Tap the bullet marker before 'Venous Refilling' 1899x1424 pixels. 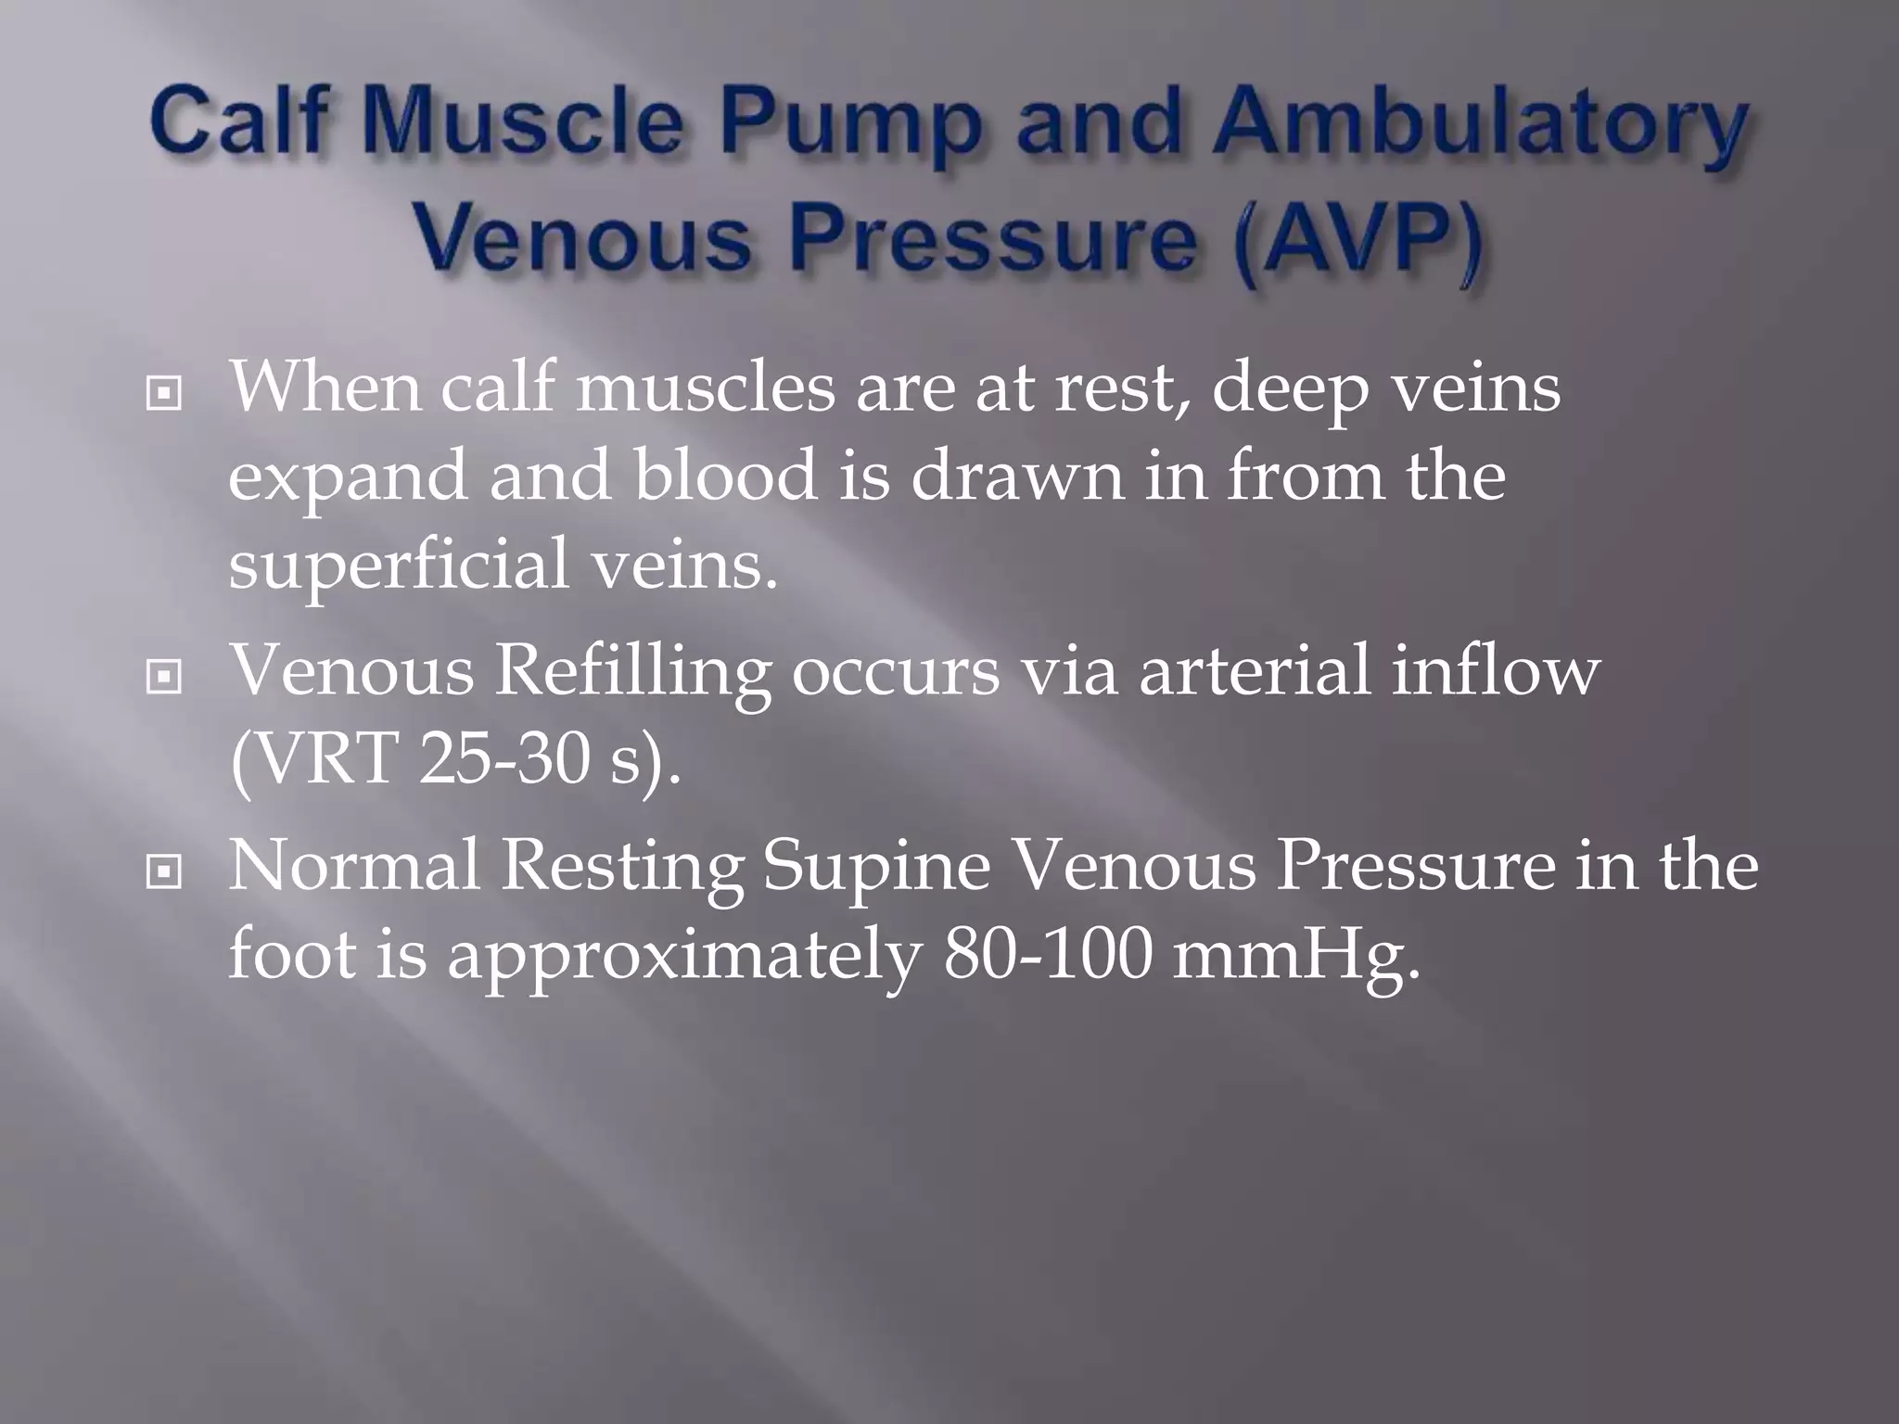pyautogui.click(x=164, y=679)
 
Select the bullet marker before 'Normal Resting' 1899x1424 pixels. pyautogui.click(x=164, y=872)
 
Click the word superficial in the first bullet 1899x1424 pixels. pyautogui.click(x=399, y=566)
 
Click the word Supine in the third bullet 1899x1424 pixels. pyautogui.click(x=876, y=868)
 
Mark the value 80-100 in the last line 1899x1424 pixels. pyautogui.click(x=1047, y=956)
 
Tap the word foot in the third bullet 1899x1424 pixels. pyautogui.click(x=291, y=956)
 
